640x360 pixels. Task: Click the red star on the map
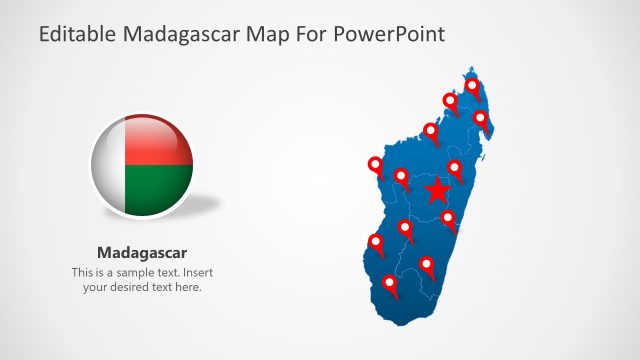pos(437,190)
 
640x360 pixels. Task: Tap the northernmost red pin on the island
pos(472,88)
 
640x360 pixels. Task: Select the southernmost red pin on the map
pos(391,286)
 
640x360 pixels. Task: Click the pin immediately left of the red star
pos(402,178)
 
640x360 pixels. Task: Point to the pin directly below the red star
pos(449,218)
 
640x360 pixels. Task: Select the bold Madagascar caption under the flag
pos(142,252)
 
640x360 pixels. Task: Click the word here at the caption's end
pos(188,287)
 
